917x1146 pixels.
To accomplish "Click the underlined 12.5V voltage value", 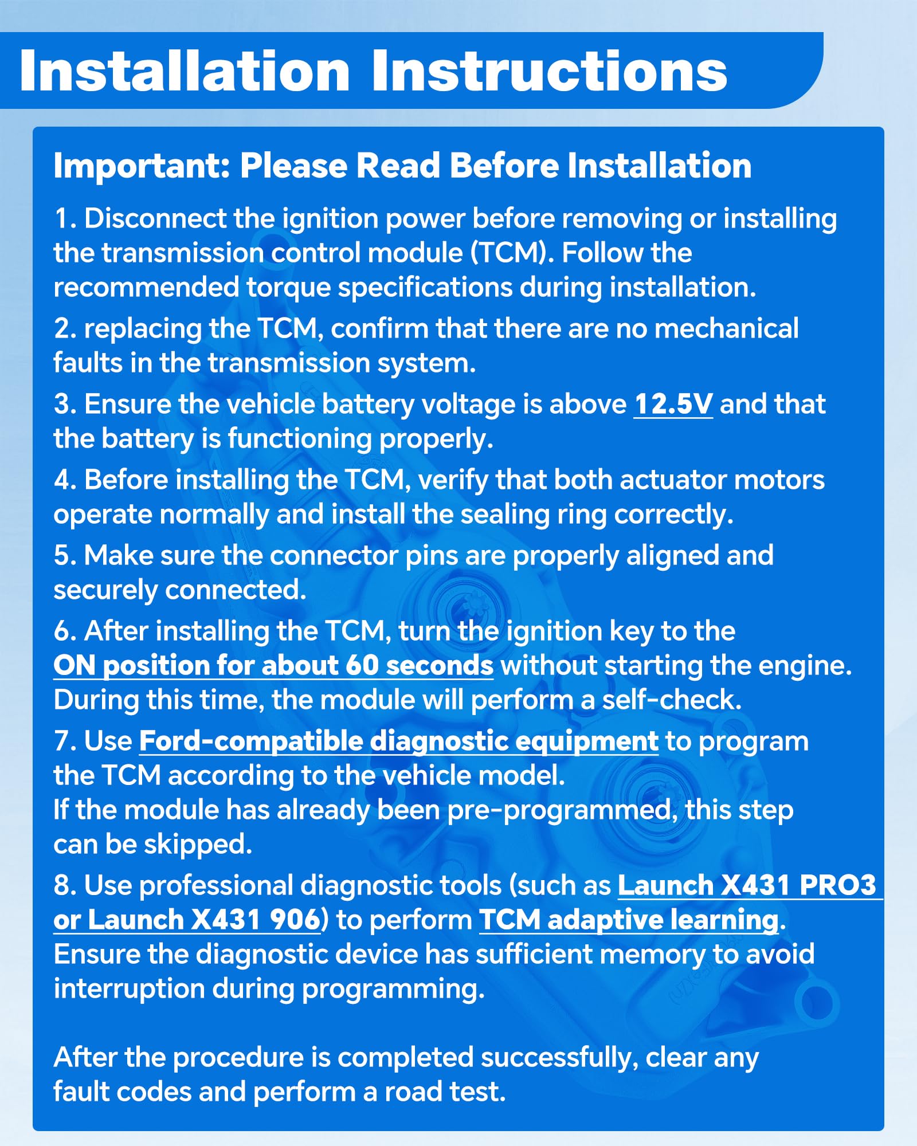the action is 673,405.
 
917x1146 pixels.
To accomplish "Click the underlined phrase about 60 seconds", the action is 273,666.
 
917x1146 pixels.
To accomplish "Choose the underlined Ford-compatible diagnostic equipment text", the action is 399,742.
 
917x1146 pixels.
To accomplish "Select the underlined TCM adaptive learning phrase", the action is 629,920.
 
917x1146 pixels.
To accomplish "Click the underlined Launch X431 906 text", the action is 187,920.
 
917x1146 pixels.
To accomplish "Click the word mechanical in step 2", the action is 726,329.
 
